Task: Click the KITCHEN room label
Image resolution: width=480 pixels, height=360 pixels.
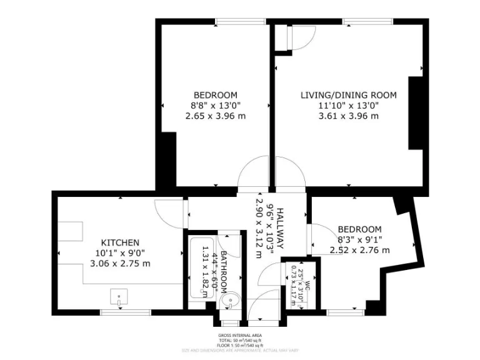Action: [120, 242]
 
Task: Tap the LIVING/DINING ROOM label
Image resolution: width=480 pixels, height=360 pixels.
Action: [348, 95]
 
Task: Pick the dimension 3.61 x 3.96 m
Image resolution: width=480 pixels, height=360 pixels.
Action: [348, 116]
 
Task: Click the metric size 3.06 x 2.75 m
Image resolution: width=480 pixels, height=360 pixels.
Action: [120, 263]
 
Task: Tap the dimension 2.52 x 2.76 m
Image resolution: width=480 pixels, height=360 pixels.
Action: [359, 250]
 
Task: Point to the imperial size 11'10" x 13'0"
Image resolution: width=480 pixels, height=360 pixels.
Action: [348, 106]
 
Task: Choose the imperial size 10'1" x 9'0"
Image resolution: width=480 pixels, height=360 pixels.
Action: [120, 253]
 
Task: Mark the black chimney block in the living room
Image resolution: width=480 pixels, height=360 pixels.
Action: [416, 113]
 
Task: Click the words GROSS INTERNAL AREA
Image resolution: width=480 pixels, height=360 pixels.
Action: [239, 335]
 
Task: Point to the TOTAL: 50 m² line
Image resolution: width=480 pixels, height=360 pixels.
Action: [239, 340]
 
